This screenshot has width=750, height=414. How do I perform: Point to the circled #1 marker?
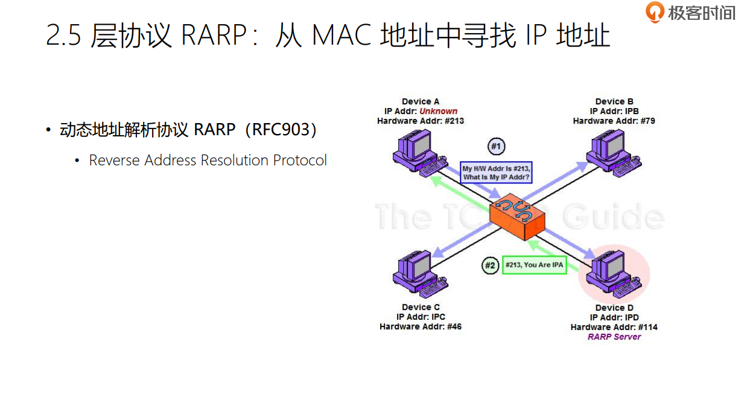pyautogui.click(x=496, y=147)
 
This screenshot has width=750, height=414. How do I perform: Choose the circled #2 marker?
pyautogui.click(x=491, y=265)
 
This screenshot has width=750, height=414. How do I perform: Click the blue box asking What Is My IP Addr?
pyautogui.click(x=496, y=173)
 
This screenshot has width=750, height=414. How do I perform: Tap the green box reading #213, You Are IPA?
pyautogui.click(x=534, y=265)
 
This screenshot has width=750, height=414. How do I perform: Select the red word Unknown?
pyautogui.click(x=439, y=111)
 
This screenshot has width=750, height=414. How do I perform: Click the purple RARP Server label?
pyautogui.click(x=614, y=337)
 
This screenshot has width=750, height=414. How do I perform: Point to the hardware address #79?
pyautogui.click(x=647, y=121)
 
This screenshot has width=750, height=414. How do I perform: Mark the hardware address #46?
pyautogui.click(x=454, y=326)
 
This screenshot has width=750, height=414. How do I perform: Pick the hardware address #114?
pyautogui.click(x=647, y=327)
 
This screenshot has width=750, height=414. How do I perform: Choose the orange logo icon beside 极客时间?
pyautogui.click(x=655, y=12)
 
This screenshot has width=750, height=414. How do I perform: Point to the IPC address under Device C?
pyautogui.click(x=438, y=317)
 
